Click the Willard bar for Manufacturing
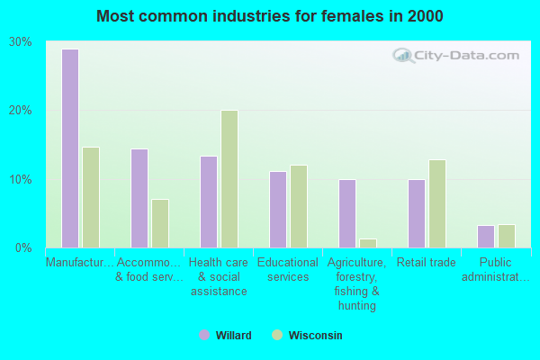coord(70,148)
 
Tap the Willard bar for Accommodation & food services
coord(139,198)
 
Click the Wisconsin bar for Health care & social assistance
coord(229,179)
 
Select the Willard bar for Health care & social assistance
coord(209,202)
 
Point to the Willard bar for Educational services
coord(278,210)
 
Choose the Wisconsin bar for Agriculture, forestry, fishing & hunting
coord(368,243)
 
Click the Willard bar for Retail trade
coord(417,213)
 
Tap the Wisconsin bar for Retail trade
coord(437,203)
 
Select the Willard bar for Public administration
coord(486,237)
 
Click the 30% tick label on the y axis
coord(21,42)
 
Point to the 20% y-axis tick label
coord(21,111)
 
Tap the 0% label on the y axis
coord(24,247)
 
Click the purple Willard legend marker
coord(204,335)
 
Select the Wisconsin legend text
coord(315,335)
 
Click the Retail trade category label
coord(425,263)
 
